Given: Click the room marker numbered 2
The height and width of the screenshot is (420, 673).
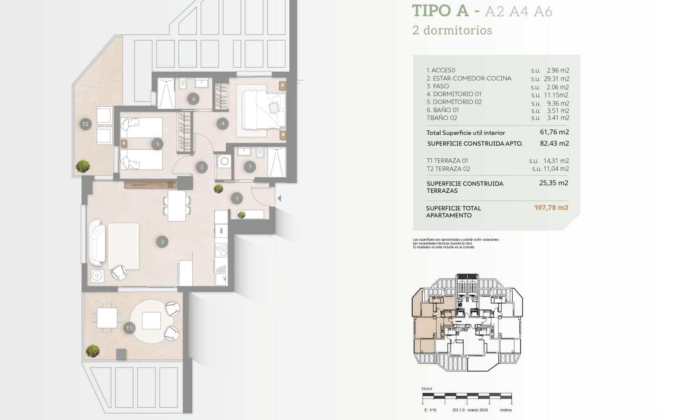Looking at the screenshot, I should point(162,241).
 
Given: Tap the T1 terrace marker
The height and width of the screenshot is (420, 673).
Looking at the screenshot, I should point(129,328).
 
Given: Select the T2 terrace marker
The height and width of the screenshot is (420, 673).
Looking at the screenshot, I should point(85,124).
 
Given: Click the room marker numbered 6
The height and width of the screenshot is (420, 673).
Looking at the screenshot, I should point(193,99).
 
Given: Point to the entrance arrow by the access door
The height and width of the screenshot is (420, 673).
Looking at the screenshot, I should point(279,198).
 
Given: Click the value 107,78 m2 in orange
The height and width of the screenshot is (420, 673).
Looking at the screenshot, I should point(551,207).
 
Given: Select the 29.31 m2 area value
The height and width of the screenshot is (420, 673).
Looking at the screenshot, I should point(556,79).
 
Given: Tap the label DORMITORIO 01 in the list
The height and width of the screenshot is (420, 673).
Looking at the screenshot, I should point(454,94).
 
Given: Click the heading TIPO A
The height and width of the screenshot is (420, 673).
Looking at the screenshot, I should point(440,11).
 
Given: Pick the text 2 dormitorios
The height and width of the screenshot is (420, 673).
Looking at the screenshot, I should point(452,30).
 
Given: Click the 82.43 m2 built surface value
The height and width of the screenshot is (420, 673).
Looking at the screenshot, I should point(554,143).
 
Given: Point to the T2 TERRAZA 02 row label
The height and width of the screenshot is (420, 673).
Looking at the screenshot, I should point(448,169).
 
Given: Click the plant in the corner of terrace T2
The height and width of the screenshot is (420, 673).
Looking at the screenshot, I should point(83,166).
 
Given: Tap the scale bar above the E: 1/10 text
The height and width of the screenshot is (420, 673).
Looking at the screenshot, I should point(467,396).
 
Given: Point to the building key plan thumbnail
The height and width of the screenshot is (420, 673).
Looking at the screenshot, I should point(467,323).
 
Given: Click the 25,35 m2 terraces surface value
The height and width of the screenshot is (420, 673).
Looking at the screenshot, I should point(554,183).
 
